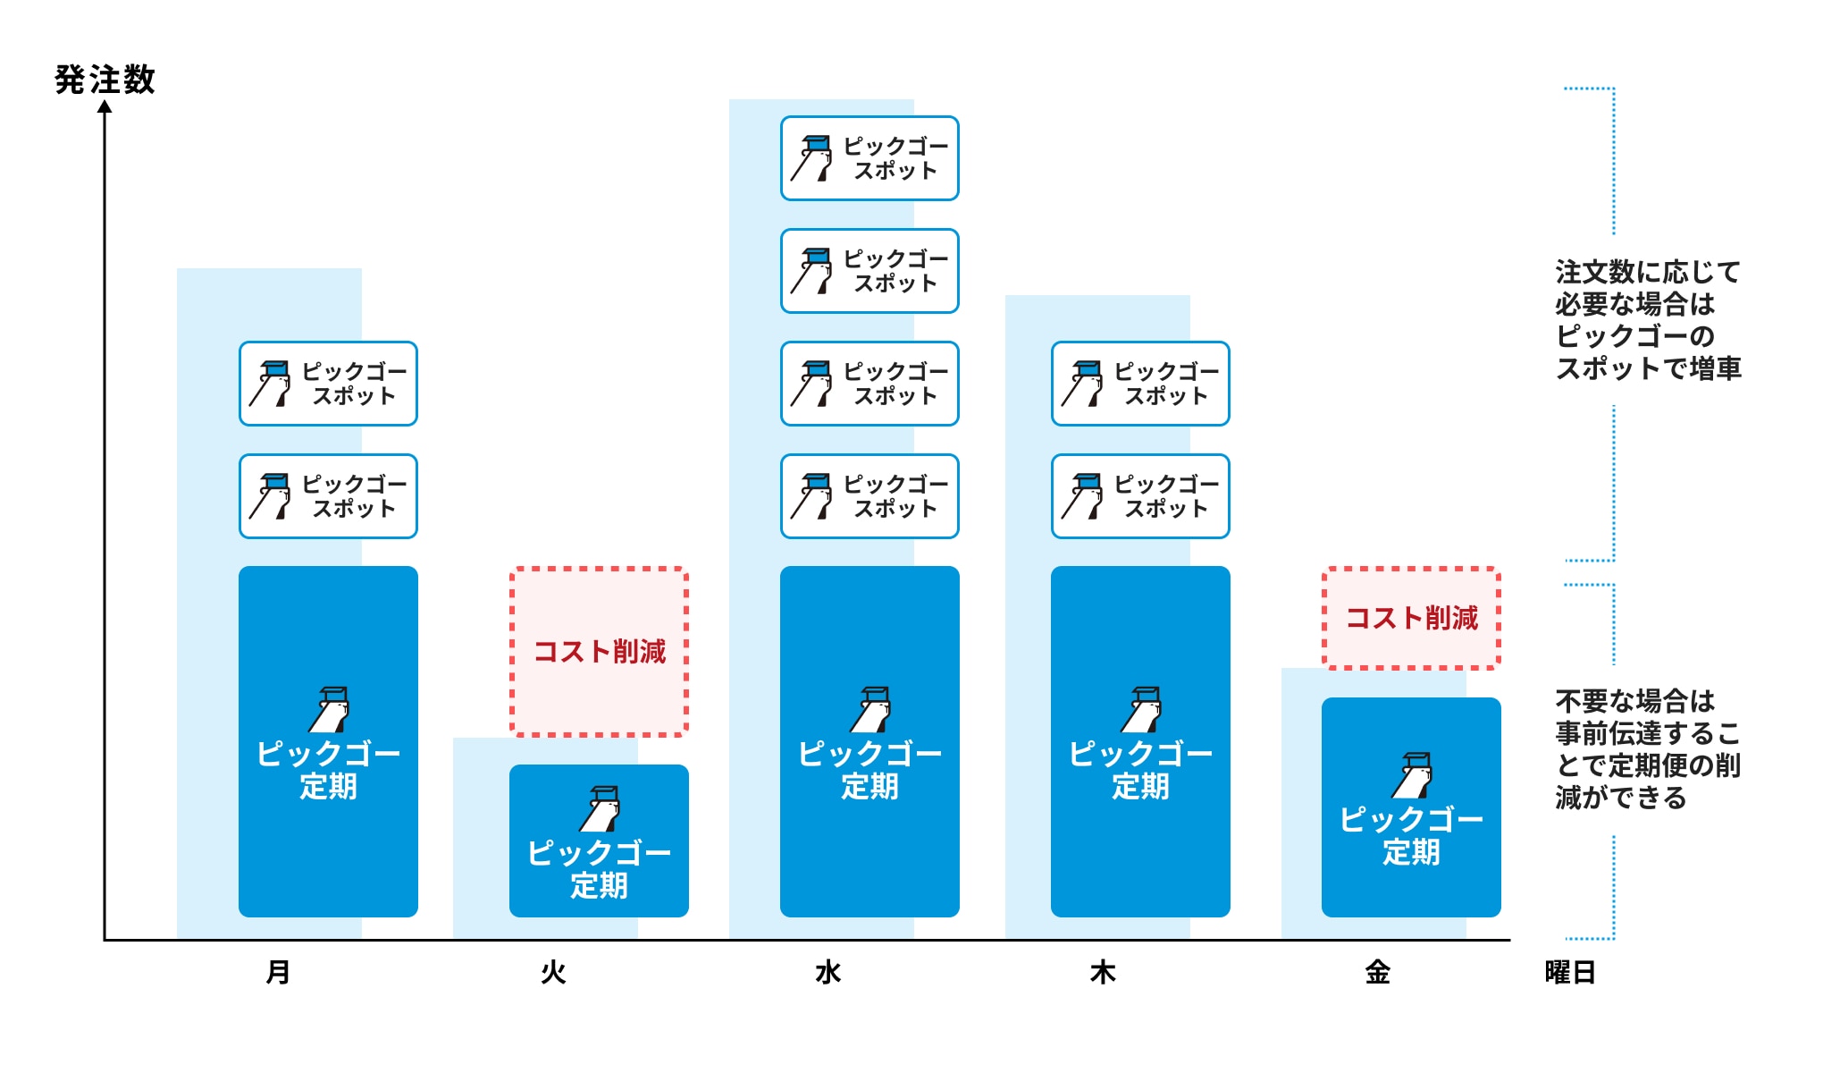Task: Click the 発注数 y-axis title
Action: click(x=105, y=80)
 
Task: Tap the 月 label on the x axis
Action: click(x=278, y=972)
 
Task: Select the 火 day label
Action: click(x=553, y=972)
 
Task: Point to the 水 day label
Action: click(x=828, y=972)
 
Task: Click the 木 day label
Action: click(x=1103, y=972)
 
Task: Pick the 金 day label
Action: click(x=1377, y=972)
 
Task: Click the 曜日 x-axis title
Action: click(x=1570, y=972)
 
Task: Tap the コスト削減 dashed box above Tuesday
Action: click(x=599, y=651)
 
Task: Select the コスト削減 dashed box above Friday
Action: click(x=1411, y=618)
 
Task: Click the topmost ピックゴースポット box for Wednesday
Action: click(x=869, y=158)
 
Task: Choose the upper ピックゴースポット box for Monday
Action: click(x=328, y=384)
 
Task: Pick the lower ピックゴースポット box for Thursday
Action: click(x=1140, y=496)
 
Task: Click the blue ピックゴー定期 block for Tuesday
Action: click(x=599, y=841)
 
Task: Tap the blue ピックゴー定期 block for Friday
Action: click(x=1411, y=807)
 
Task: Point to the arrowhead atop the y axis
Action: click(x=105, y=107)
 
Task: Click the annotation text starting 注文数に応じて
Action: click(x=1648, y=320)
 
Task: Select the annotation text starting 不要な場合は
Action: click(x=1648, y=748)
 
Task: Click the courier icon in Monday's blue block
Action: click(x=331, y=710)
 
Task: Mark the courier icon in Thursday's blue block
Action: click(x=1143, y=710)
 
